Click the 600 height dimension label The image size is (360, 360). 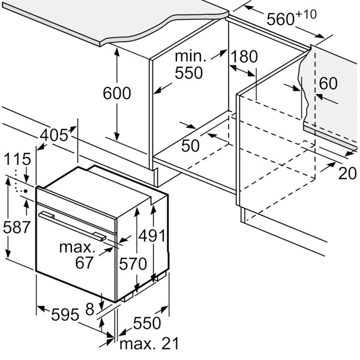tap(116, 93)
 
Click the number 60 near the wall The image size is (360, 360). tap(328, 83)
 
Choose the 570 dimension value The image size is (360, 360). tap(133, 263)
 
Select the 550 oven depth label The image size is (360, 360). tap(146, 322)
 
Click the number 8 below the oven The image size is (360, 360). tap(89, 308)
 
